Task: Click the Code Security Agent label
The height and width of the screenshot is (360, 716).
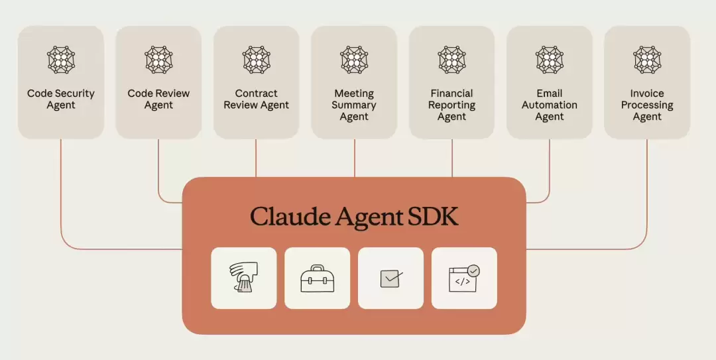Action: [x=61, y=99]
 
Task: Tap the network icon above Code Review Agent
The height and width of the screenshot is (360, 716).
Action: [x=158, y=60]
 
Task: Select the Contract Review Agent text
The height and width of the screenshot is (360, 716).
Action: [x=257, y=99]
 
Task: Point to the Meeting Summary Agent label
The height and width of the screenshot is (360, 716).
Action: [x=354, y=105]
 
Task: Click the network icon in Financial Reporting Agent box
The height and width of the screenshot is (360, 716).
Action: [x=452, y=60]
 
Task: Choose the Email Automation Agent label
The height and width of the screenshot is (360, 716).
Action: [x=550, y=105]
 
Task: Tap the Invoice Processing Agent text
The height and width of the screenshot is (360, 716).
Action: [x=647, y=105]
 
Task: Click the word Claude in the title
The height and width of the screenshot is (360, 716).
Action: [x=289, y=217]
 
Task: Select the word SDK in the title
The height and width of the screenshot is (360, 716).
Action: [x=432, y=217]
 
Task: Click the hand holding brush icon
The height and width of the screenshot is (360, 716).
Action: [x=243, y=278]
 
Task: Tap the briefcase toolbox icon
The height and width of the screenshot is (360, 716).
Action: [x=317, y=278]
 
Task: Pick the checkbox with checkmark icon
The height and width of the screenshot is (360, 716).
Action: [x=390, y=278]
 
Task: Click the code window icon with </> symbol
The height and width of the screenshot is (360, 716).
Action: [x=463, y=278]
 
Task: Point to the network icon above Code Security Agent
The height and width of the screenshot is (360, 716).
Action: [x=61, y=60]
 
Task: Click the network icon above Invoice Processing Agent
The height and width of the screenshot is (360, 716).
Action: [x=647, y=60]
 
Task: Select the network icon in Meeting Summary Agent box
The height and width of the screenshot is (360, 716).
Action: [x=354, y=60]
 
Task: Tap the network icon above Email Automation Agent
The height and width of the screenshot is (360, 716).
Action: [x=550, y=60]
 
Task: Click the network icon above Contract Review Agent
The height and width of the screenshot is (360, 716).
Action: [x=257, y=60]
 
